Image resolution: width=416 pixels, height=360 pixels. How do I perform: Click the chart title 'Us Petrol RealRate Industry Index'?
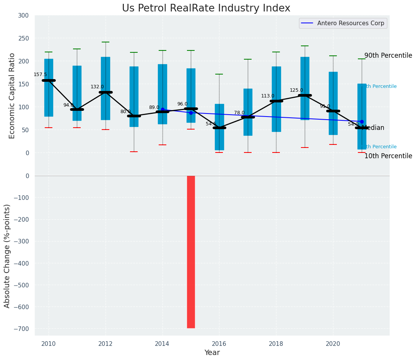coord(206,8)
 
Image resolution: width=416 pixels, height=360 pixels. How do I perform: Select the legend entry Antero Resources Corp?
coord(351,23)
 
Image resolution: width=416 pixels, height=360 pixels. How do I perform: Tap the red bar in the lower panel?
coord(191,251)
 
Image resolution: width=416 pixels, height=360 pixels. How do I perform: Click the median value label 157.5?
coord(40,75)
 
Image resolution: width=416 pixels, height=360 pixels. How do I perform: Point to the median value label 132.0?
coord(97,87)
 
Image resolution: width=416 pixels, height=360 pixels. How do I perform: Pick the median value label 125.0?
coord(296,90)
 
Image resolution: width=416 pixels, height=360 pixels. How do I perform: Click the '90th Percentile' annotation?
coord(388,56)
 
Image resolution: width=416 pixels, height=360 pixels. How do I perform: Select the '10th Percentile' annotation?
coord(388,156)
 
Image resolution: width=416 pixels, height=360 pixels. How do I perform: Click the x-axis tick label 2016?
coord(219,344)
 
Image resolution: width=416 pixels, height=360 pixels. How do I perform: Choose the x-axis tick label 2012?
coord(105,344)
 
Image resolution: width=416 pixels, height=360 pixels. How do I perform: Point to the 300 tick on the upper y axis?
coord(23,15)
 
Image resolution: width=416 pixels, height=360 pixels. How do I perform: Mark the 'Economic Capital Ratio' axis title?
coord(12,96)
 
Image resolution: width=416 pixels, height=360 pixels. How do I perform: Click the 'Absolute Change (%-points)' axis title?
coord(7,256)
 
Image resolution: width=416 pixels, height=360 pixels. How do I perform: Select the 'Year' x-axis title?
coord(212,353)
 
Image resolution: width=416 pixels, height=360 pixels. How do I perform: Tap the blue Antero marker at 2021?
coord(362,122)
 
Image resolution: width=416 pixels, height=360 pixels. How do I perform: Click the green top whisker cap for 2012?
coord(106,42)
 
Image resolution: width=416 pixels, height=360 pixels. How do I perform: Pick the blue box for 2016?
coord(219,127)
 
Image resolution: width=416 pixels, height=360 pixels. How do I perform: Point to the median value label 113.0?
coord(268,96)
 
